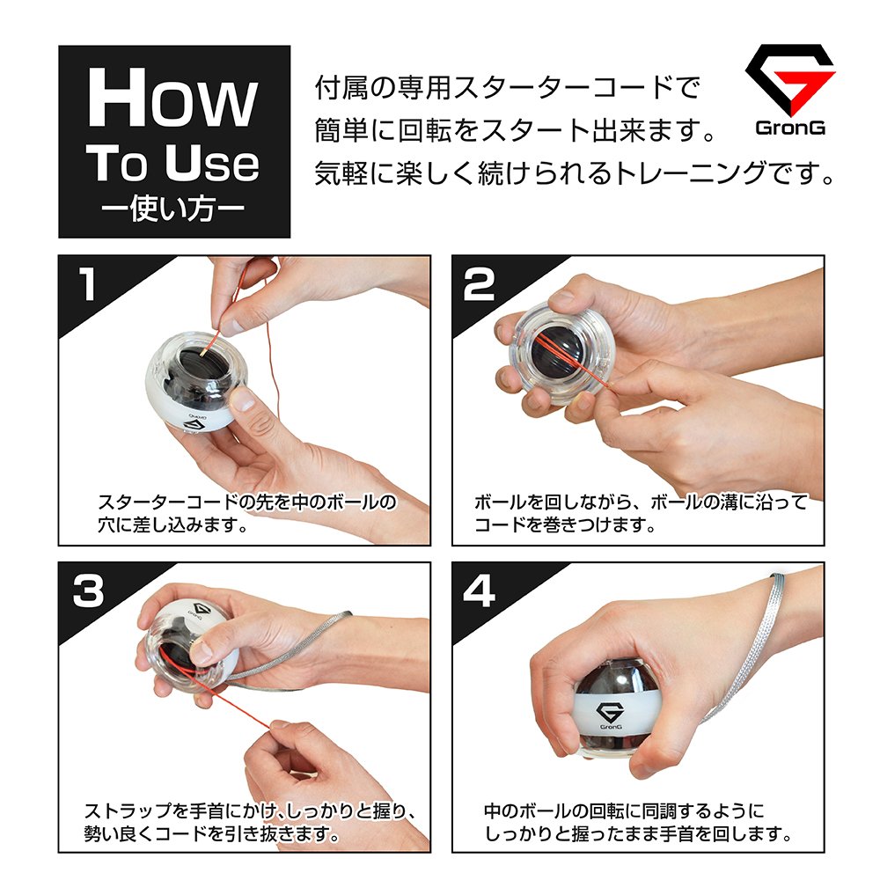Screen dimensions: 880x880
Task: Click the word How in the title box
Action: tap(172, 98)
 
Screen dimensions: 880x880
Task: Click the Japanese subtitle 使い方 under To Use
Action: tap(173, 209)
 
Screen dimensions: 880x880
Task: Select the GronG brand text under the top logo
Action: tap(790, 128)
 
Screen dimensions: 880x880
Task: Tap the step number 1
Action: tap(87, 284)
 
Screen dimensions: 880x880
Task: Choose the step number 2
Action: tap(479, 284)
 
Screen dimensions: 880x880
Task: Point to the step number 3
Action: tap(88, 590)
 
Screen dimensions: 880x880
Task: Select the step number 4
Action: tap(480, 590)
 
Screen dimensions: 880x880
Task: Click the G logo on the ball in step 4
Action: tap(611, 715)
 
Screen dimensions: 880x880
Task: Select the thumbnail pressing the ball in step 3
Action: tap(202, 651)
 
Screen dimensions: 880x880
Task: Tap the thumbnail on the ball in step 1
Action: tap(243, 399)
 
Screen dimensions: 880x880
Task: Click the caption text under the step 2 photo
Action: tap(641, 514)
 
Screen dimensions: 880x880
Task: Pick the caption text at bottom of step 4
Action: tap(637, 822)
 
